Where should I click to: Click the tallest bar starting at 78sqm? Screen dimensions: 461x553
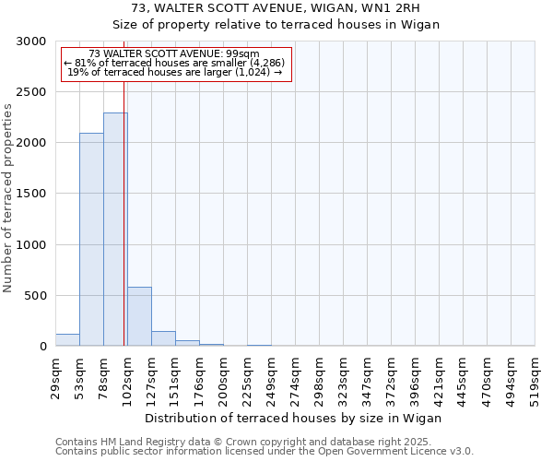[115, 230]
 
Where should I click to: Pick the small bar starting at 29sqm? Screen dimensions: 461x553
[67, 340]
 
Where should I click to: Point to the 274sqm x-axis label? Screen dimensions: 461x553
[295, 377]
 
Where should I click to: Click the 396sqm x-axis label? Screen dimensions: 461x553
[415, 377]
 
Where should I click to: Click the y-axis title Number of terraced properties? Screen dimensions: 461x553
[9, 197]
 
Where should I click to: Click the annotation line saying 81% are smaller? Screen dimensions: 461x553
[176, 63]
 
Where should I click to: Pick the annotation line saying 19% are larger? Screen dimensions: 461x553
[176, 72]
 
